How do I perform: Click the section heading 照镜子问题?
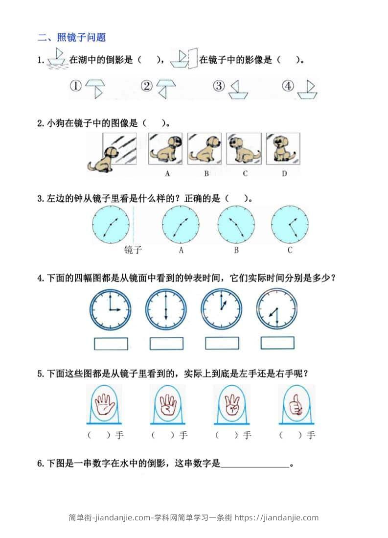coord(81,37)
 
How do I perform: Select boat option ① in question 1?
coord(95,89)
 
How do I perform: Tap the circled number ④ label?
coord(288,86)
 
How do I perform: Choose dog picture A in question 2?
coord(165,148)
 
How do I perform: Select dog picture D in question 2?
coord(283,148)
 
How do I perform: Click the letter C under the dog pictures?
coord(245,174)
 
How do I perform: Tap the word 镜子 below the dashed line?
coord(133,250)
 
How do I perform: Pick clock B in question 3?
coord(236,224)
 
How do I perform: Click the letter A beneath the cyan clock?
coord(181,251)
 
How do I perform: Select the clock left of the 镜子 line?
coord(111,224)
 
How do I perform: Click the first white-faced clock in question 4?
coord(110,310)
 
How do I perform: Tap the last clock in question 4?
coord(277,309)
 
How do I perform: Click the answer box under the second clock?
coord(166,344)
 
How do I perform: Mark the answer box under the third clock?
coord(222,344)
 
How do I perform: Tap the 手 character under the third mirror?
coord(247,435)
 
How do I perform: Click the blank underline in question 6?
coord(255,467)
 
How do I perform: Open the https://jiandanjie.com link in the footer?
coord(276,517)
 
